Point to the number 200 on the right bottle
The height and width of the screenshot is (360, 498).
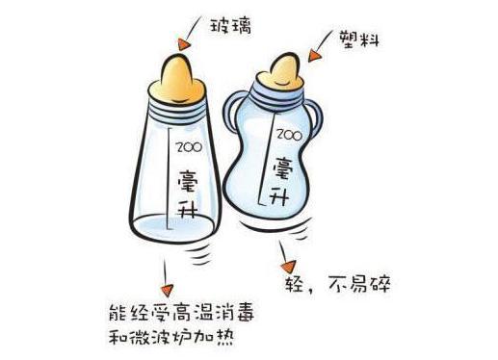coord(287,135)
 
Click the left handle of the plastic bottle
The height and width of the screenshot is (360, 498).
coord(231,120)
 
